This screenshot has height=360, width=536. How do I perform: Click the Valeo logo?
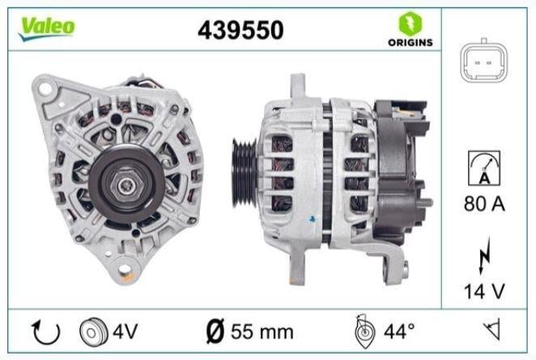(x=47, y=26)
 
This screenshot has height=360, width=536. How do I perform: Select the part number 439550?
(x=240, y=30)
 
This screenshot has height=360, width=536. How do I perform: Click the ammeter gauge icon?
(x=485, y=167)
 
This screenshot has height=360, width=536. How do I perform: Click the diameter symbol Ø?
(x=215, y=331)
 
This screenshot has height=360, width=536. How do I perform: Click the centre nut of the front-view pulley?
(x=124, y=184)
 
